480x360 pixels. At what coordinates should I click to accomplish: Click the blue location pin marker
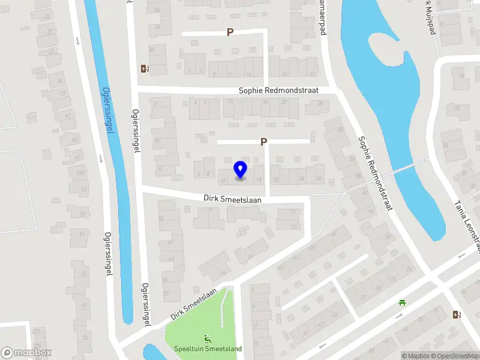(240, 170)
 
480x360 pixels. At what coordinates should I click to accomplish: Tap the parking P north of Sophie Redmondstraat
(230, 32)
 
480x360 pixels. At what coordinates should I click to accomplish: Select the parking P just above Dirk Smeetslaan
(263, 142)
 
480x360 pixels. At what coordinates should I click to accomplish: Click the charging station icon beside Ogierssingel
(144, 68)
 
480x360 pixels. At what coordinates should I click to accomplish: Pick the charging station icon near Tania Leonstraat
(457, 314)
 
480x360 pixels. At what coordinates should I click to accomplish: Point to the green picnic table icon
(401, 302)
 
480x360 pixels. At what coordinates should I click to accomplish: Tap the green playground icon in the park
(208, 339)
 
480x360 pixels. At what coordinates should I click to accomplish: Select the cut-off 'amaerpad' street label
(322, 18)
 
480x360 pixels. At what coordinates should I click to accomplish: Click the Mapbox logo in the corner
(26, 353)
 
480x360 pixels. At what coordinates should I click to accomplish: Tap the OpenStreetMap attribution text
(455, 356)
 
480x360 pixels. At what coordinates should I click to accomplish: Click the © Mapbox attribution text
(416, 356)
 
